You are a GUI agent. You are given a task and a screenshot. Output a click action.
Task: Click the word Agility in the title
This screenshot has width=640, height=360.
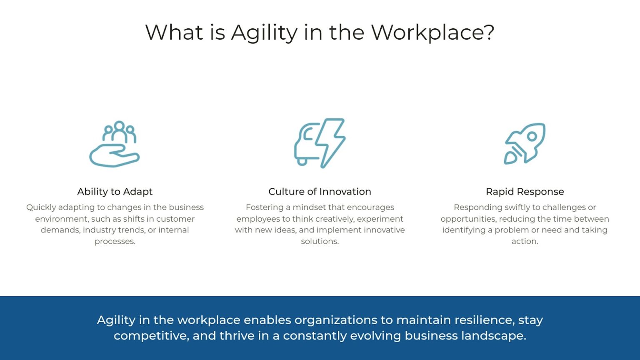point(264,32)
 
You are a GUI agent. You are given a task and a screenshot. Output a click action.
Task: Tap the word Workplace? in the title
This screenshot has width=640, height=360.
point(432,32)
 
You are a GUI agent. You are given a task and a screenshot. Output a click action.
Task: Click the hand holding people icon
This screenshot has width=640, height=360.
point(115,144)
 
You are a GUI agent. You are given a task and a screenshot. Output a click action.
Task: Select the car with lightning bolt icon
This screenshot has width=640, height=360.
point(320,143)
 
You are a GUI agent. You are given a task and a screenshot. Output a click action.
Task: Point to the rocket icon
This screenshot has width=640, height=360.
point(525,143)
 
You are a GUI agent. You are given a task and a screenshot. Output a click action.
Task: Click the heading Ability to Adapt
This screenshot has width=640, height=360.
point(115,192)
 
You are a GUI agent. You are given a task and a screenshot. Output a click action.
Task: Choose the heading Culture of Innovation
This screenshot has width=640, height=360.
point(320,192)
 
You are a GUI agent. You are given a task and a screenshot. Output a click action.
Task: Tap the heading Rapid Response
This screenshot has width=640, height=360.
point(525,192)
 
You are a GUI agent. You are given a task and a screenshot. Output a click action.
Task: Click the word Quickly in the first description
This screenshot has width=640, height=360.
point(41,207)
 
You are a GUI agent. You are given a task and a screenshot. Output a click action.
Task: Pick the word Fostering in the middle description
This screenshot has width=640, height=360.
point(264,207)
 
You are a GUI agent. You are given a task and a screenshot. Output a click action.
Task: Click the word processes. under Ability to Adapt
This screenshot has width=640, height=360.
point(115,241)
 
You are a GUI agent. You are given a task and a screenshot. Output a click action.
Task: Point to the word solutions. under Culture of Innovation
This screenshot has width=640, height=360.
point(320,241)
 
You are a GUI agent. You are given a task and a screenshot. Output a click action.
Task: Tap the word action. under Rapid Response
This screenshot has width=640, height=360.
point(525,241)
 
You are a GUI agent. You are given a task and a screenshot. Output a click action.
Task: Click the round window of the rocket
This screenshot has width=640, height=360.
point(532,136)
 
